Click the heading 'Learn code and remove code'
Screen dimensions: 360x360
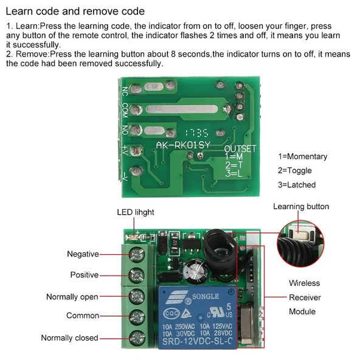75,12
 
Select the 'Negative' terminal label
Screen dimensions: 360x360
83,254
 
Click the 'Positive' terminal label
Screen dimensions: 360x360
84,275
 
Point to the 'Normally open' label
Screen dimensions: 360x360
72,297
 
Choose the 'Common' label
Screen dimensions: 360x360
83,316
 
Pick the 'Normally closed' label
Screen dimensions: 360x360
69,337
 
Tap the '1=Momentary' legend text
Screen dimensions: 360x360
302,156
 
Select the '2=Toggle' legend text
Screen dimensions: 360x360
297,171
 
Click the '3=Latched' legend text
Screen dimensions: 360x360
297,185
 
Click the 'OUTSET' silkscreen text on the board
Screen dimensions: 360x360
240,148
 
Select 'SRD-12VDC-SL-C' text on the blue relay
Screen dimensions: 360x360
195,344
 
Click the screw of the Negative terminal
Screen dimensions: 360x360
135,254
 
